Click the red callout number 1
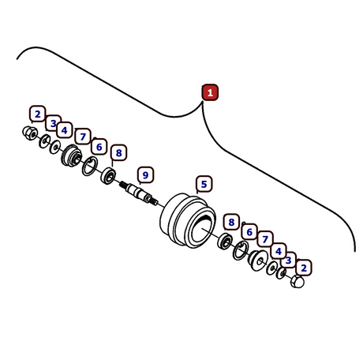point(210,92)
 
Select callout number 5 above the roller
point(204,184)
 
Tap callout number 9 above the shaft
point(145,175)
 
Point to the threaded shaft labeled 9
point(139,193)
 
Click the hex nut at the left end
point(30,133)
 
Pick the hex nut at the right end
point(298,281)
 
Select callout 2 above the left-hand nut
point(38,114)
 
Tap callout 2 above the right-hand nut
point(304,268)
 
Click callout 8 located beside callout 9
point(119,152)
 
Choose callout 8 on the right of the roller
point(231,222)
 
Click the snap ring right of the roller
point(240,250)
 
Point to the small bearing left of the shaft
point(108,176)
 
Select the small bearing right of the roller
point(225,241)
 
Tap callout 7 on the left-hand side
point(83,137)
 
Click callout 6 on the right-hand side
point(249,232)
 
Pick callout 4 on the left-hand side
point(65,130)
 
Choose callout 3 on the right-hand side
point(288,260)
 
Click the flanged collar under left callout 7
point(71,156)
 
